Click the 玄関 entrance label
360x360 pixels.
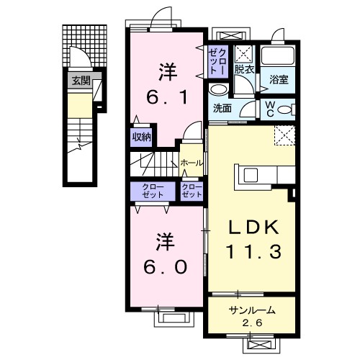pyautogui.click(x=81, y=81)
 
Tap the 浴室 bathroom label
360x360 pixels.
pyautogui.click(x=279, y=79)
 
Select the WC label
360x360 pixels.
pyautogui.click(x=270, y=109)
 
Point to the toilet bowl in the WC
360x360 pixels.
pyautogui.click(x=284, y=110)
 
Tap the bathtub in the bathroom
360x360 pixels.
pyautogui.click(x=278, y=55)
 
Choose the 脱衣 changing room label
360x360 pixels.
pyautogui.click(x=244, y=70)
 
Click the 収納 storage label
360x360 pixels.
pyautogui.click(x=142, y=137)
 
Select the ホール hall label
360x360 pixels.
pyautogui.click(x=192, y=163)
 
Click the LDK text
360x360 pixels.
pyautogui.click(x=253, y=228)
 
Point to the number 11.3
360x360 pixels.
pyautogui.click(x=253, y=251)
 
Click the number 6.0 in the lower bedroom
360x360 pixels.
pyautogui.click(x=166, y=267)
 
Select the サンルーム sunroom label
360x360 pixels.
pyautogui.click(x=252, y=310)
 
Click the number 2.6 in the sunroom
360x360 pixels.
pyautogui.click(x=252, y=323)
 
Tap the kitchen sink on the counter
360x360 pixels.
pyautogui.click(x=251, y=175)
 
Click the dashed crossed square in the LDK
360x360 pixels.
pyautogui.click(x=284, y=135)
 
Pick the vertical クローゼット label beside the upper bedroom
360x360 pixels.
pyautogui.click(x=217, y=61)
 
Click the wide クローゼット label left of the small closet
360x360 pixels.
pyautogui.click(x=153, y=191)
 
